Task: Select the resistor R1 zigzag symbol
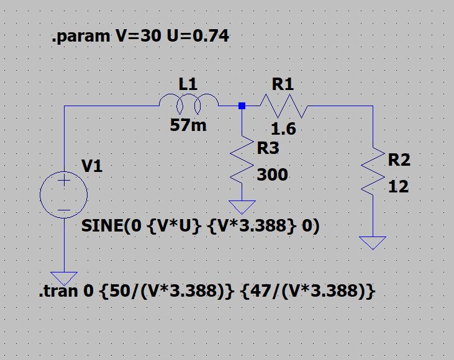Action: coord(283,106)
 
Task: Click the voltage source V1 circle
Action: coord(64,194)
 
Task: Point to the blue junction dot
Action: coord(242,106)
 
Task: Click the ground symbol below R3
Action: coord(242,206)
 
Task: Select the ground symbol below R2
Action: coord(373,242)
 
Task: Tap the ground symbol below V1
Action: coord(64,278)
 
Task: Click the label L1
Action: coord(188,84)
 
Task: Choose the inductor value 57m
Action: coord(188,125)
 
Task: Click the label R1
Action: coord(283,84)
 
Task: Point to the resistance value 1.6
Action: coord(284,130)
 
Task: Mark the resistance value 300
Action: coord(272,175)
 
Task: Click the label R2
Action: coord(399,160)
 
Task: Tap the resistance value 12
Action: coord(398,186)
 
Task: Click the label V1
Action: coord(93,166)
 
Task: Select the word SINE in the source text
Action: coord(102,227)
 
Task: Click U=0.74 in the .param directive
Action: coord(198,37)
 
